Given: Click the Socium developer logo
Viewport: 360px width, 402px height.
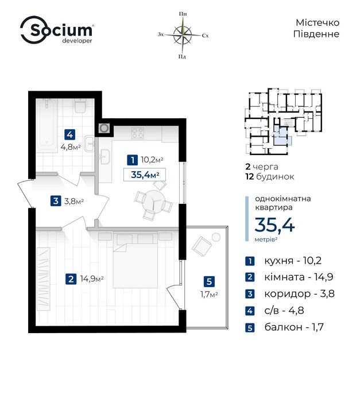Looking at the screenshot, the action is [x=57, y=30].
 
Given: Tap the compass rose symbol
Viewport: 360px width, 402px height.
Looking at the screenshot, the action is [x=183, y=34].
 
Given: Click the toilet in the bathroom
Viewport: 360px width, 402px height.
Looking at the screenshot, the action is [x=80, y=106].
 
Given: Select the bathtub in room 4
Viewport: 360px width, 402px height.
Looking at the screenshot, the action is [x=47, y=125].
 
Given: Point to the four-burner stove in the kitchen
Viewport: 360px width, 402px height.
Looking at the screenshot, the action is [x=138, y=133].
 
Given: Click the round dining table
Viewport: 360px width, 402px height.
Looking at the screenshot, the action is [x=154, y=200].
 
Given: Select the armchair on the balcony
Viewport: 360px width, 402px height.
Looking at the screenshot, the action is [x=202, y=246].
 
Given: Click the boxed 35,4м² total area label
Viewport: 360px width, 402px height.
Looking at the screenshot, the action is [x=145, y=175].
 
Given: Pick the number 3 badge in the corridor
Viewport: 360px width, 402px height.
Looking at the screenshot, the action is [x=56, y=201].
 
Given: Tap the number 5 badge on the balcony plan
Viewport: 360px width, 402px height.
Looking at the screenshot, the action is [x=209, y=281].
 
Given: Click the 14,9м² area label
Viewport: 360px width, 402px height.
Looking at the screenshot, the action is [x=92, y=279].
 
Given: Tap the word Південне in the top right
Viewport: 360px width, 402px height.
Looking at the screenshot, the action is [x=316, y=34].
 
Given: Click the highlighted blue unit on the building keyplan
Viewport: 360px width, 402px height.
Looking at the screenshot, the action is [x=281, y=137].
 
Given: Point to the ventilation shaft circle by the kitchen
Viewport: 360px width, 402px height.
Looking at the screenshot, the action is [x=104, y=128].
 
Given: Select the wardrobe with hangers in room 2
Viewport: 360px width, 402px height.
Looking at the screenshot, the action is [x=43, y=279].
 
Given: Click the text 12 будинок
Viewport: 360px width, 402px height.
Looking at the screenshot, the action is [x=270, y=177].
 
